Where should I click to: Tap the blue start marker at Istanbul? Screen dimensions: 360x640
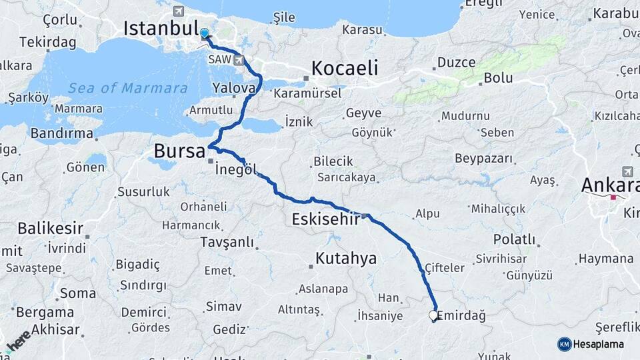204,33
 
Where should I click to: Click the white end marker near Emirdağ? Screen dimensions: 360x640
433,315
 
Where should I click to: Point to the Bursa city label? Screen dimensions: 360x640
179,151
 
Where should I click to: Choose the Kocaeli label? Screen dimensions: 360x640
345,68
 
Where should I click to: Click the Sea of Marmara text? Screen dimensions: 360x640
127,88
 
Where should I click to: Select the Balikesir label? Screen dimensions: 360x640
51,229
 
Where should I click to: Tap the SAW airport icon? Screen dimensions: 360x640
238,60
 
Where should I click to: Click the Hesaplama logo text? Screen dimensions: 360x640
599,344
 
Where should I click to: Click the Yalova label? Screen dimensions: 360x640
234,88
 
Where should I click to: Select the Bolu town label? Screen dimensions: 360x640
498,78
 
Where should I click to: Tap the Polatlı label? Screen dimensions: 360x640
514,239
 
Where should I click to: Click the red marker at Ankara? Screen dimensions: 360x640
612,197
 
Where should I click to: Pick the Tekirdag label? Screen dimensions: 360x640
47,42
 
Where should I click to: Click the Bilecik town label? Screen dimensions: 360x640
331,162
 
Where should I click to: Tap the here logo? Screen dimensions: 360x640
18,339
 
